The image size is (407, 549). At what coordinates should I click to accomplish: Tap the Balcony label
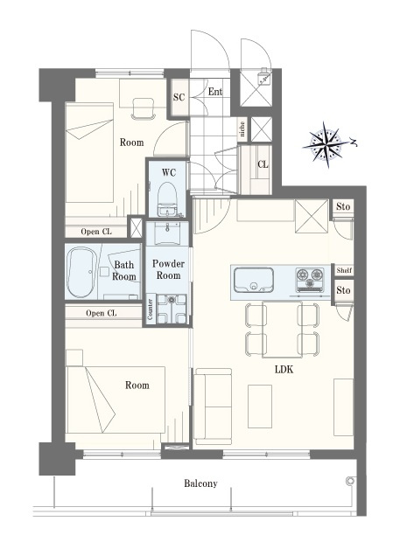[200, 483]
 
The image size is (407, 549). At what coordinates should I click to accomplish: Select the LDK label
[284, 370]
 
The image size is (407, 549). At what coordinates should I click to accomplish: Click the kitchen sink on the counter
[254, 280]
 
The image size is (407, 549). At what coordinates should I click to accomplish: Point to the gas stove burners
[310, 279]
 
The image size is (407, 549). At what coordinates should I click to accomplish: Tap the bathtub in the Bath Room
[81, 273]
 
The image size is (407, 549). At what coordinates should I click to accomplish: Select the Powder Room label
[168, 269]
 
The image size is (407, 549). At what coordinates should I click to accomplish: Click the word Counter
[150, 309]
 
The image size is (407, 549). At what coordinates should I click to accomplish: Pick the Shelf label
[344, 270]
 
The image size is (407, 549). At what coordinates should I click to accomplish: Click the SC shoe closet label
[179, 97]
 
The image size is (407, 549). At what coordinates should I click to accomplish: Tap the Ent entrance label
[215, 92]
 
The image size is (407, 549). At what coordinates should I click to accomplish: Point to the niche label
[242, 129]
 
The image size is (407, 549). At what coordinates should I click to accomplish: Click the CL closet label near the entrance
[263, 164]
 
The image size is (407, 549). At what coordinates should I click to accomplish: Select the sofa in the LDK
[214, 407]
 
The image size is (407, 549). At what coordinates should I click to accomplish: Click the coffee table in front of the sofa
[260, 407]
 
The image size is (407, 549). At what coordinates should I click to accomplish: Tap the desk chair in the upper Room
[143, 108]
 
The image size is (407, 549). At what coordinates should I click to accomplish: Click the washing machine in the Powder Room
[172, 309]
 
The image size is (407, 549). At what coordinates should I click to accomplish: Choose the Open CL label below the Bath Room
[101, 313]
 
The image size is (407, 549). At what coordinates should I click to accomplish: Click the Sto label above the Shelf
[343, 207]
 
